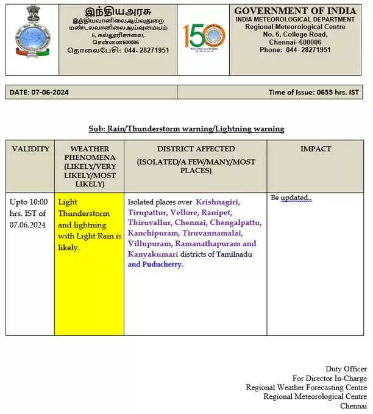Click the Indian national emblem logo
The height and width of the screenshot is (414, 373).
coord(29,31)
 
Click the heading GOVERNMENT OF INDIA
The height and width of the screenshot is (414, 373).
coord(296,11)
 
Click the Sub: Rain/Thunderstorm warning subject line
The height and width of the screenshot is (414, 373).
coord(186,129)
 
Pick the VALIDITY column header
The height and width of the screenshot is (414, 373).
coord(30,149)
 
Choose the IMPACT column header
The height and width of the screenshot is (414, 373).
coord(316,149)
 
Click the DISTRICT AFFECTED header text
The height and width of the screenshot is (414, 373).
coord(195,149)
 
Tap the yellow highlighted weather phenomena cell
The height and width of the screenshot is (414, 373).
coord(89,224)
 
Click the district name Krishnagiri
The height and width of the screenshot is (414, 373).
coord(218,202)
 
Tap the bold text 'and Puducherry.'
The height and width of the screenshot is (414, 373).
coord(155,264)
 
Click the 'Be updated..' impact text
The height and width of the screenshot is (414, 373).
coord(291,198)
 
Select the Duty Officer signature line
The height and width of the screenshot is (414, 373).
coord(346,369)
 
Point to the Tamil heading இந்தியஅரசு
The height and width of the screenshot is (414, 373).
coord(118,11)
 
